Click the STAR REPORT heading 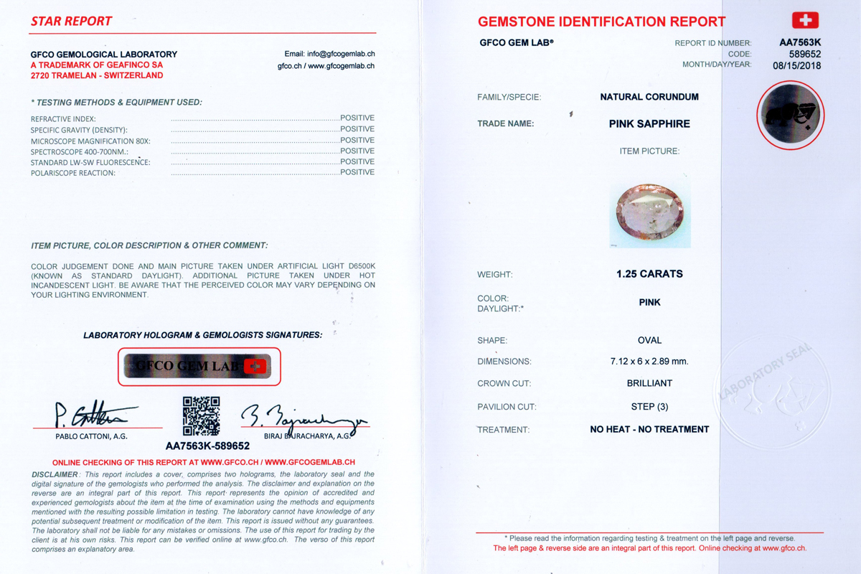coord(71,22)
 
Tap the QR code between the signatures coord(201,416)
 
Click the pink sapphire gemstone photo coord(649,215)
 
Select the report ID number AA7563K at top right coord(800,42)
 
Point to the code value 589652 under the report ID coord(804,54)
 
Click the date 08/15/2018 coord(796,65)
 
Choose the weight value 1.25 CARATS coord(649,274)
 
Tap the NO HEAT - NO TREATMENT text coord(649,430)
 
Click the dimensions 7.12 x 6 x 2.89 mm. coord(649,362)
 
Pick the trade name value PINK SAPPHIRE coord(649,124)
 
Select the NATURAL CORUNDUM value coord(649,97)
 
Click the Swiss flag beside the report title coord(805,20)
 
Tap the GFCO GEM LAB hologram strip coord(199,366)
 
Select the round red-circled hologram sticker coord(790,116)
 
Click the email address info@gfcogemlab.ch coord(329,54)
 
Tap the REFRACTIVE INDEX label coord(63,119)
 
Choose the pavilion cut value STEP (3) coord(649,407)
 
